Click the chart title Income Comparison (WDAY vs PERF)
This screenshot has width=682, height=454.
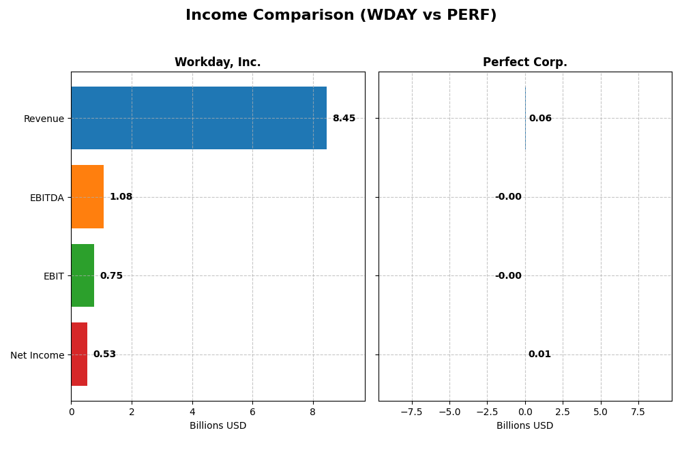[341, 15]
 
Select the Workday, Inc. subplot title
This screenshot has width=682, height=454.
[218, 62]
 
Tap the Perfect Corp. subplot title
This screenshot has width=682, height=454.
[524, 62]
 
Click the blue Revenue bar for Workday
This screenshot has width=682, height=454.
[198, 118]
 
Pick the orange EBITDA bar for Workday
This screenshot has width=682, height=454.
[87, 197]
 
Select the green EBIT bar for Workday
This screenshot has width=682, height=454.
[83, 275]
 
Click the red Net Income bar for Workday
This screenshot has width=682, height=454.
[79, 354]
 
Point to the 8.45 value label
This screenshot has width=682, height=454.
[344, 119]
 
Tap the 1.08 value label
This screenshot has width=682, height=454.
[121, 197]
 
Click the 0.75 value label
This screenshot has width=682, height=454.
[111, 276]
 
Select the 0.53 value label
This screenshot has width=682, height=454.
[104, 354]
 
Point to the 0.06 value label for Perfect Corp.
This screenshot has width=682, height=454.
[540, 119]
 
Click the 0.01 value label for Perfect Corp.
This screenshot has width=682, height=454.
[539, 354]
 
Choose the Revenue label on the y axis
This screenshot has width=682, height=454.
[44, 119]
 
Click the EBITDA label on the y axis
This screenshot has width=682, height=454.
[46, 198]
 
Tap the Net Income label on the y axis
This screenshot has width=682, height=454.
[37, 355]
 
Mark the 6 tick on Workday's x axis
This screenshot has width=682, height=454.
[252, 412]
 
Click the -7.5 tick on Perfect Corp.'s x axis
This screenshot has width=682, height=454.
[411, 412]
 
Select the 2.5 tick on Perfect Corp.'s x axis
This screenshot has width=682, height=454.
[563, 412]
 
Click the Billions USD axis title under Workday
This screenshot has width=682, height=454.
[218, 425]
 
